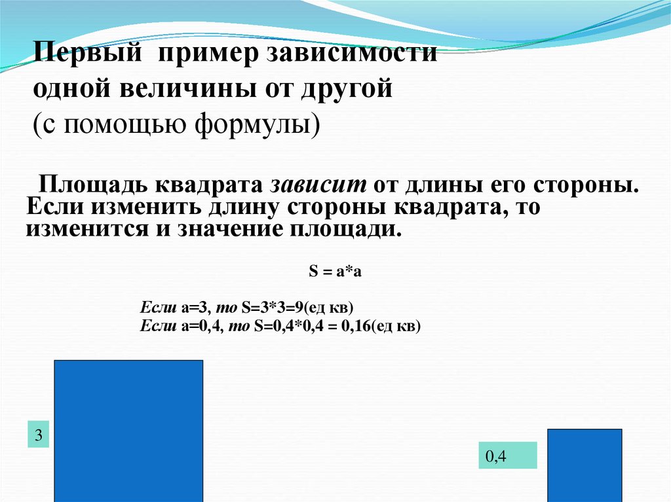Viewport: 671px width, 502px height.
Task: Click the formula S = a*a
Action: tap(335, 272)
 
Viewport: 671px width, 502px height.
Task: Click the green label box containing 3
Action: tap(39, 436)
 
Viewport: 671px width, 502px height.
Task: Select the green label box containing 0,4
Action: tap(507, 456)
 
